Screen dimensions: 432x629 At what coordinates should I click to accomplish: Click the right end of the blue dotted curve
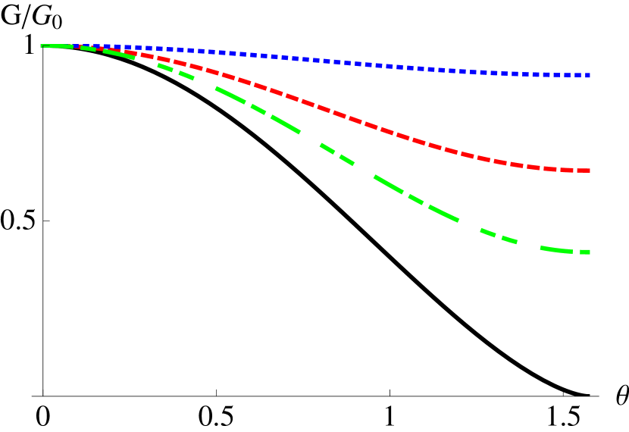point(587,75)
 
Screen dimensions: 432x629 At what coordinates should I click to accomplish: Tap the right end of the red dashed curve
point(587,171)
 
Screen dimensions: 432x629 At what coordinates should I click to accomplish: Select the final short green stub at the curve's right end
point(585,252)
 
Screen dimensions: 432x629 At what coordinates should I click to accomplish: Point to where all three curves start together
point(43,45)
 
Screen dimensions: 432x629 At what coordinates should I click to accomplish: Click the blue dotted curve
point(341,61)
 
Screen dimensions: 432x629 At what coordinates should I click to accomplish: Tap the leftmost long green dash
point(57,45)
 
